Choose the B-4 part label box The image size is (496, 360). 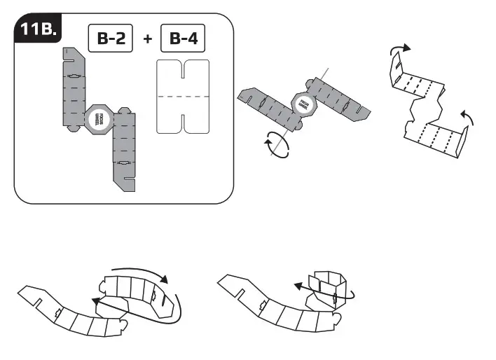coord(184,38)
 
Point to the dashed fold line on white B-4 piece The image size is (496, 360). coord(184,95)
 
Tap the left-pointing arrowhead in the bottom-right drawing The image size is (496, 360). coord(297,286)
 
